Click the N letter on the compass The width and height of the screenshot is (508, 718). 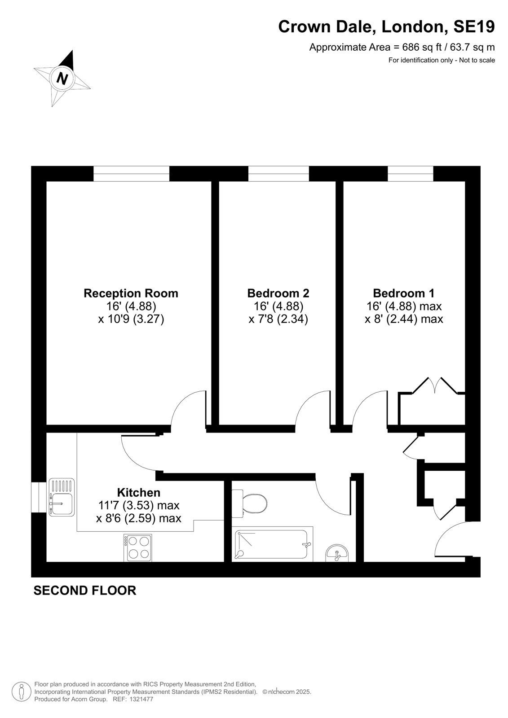(62, 78)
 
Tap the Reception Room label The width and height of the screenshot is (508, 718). (131, 293)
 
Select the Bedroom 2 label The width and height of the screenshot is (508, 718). (278, 293)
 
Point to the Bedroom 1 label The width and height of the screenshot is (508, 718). (404, 293)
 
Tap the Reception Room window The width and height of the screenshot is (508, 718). (131, 173)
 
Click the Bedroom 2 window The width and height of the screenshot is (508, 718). (278, 173)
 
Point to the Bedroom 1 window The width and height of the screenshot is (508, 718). (411, 173)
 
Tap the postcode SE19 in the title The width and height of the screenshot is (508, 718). (474, 26)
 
